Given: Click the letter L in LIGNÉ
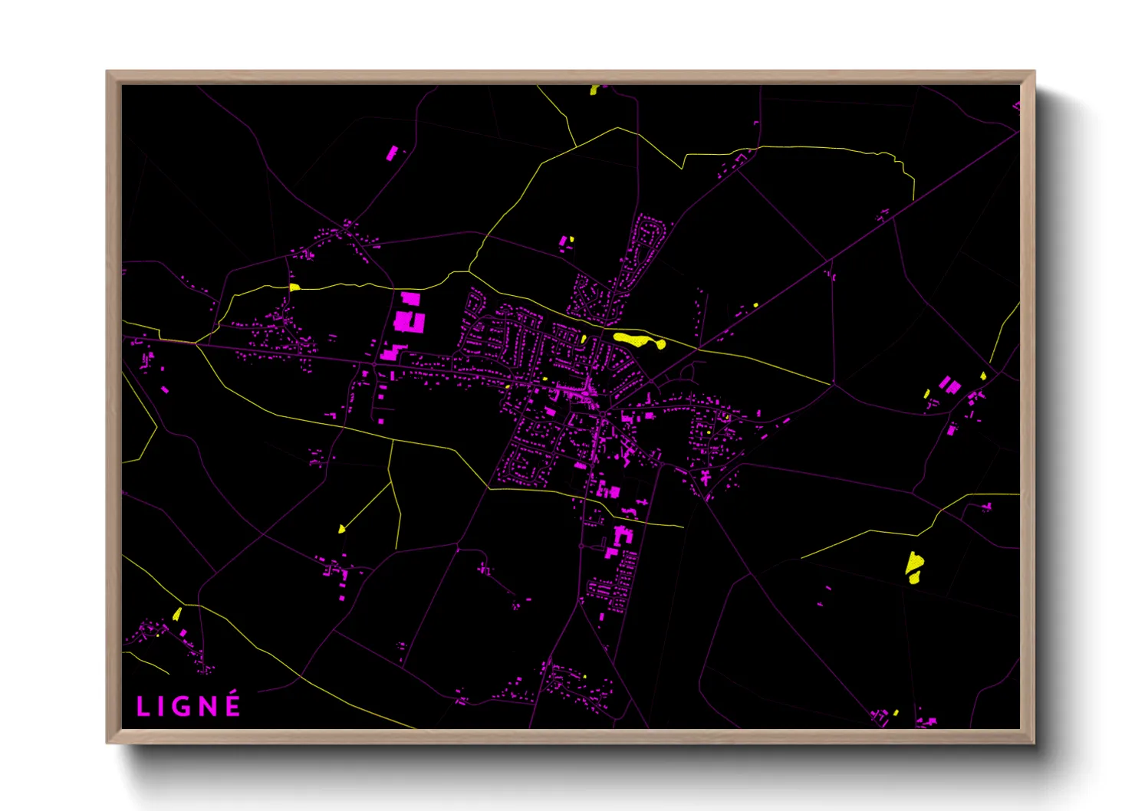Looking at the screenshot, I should [143, 707].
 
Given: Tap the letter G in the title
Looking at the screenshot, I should [184, 707].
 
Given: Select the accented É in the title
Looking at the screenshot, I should [232, 705].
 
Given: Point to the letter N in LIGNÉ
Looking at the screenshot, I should [209, 707].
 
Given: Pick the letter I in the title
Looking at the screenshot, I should [163, 707].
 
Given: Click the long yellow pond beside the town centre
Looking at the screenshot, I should [639, 340].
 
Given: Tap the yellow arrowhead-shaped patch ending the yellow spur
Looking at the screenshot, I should [341, 528].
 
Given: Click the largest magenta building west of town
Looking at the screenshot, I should [409, 321].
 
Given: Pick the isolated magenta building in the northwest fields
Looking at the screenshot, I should [392, 153].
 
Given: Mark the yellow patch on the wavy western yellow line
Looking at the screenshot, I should [294, 287].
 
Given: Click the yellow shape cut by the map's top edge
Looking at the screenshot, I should [594, 90].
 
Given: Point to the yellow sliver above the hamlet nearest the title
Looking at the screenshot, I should [177, 614].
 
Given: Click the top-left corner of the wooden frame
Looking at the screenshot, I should [107, 72].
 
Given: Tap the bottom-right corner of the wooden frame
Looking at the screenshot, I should [1033, 742].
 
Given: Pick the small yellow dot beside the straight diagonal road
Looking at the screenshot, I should [755, 305].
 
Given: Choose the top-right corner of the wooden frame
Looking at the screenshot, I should [1033, 72].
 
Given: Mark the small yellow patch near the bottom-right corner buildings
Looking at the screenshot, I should [896, 713].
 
